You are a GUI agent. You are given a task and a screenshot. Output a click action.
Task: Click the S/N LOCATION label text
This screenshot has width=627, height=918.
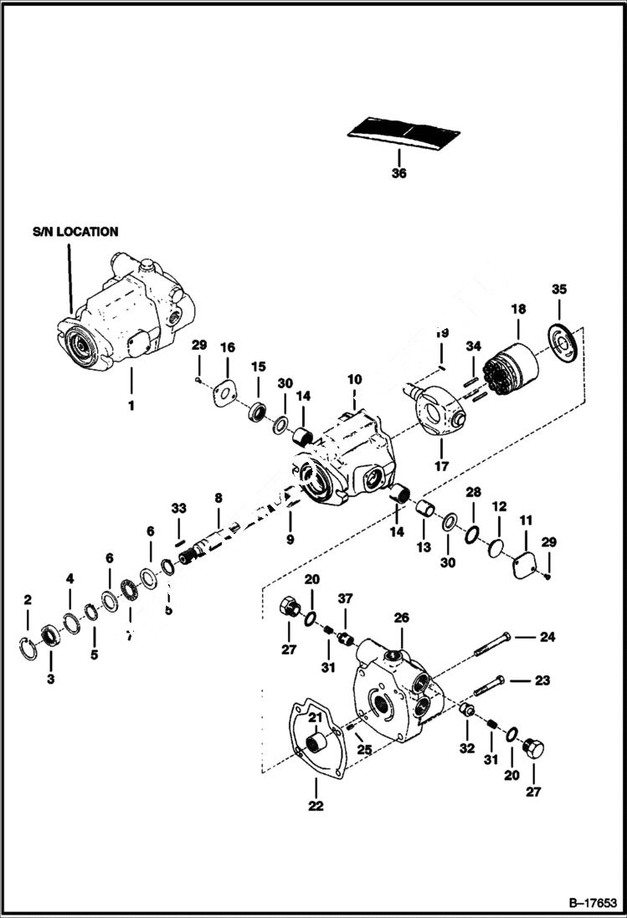(75, 232)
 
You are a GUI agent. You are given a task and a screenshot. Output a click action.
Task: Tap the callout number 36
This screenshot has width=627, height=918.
(398, 174)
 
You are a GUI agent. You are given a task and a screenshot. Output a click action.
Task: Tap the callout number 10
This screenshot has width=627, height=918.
(354, 379)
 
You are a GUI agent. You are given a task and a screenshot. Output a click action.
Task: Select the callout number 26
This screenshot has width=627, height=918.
(402, 618)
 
